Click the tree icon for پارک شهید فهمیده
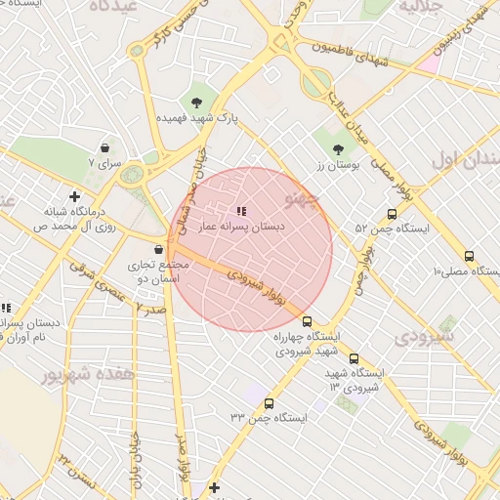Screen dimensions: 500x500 coord(196,102)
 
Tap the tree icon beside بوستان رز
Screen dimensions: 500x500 coord(338,149)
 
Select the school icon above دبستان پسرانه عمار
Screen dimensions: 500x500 coord(241,210)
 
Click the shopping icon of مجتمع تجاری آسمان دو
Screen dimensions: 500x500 coord(157,249)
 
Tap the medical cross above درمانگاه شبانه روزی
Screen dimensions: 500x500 coord(74,196)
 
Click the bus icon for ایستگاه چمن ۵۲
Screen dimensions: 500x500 coord(392,214)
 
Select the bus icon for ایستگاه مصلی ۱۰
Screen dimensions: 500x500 coord(469,256)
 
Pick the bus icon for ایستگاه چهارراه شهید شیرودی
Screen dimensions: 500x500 coord(307,321)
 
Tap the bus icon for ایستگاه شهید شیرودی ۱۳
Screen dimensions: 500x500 coord(354,358)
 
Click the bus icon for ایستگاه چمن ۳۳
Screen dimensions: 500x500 coord(269,403)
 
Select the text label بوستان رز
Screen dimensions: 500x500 coord(338,166)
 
